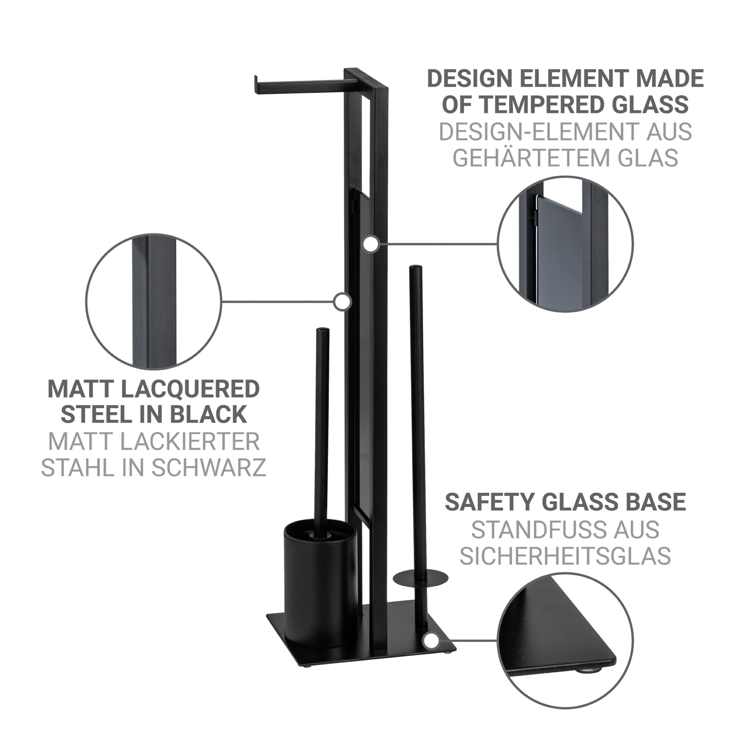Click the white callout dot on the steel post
(x=343, y=301)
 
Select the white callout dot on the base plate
(x=431, y=640)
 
